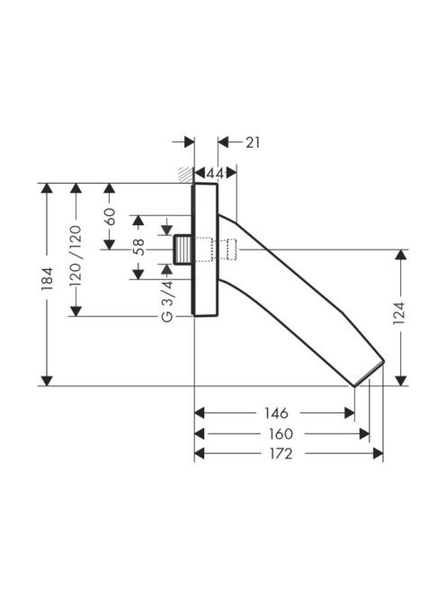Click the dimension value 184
tap(47, 279)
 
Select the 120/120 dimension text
tap(76, 256)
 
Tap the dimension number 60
tap(110, 217)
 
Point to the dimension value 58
tap(138, 247)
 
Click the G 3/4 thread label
tap(167, 301)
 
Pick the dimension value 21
tap(253, 142)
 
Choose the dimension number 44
tap(215, 174)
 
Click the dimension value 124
tap(398, 313)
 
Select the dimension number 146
tap(277, 413)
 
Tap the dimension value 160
tap(281, 433)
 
